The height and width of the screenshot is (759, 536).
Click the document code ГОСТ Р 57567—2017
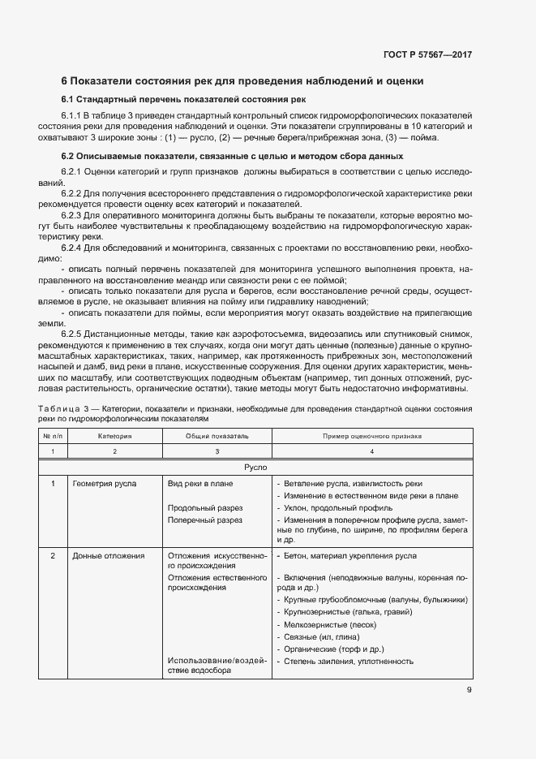[427, 54]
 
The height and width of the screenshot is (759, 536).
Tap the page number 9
[469, 690]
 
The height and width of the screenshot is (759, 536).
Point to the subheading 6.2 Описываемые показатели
[231, 155]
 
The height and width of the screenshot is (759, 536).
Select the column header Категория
[114, 436]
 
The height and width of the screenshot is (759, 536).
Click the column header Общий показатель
[216, 436]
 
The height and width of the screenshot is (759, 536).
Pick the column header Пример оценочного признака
[371, 436]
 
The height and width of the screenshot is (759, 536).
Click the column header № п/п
[52, 436]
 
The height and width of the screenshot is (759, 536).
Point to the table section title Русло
[255, 468]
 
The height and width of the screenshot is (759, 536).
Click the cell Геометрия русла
[105, 484]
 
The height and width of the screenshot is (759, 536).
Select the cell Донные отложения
[109, 556]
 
